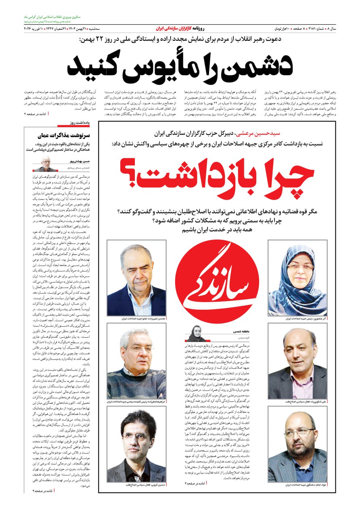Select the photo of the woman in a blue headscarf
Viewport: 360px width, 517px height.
[297, 278]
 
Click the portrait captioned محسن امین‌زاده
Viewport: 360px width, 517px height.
[136, 278]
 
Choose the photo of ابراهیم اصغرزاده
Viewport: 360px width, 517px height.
[136, 361]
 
